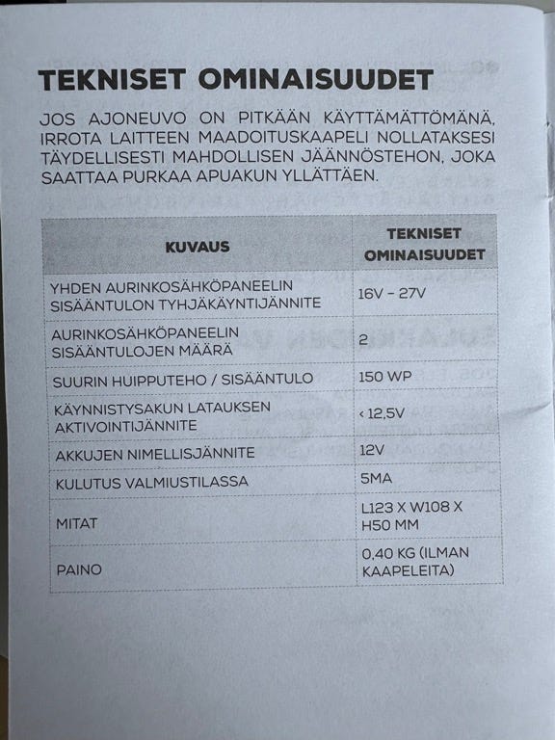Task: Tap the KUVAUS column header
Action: point(197,247)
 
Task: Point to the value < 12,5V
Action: point(383,413)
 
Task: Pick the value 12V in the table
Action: point(370,450)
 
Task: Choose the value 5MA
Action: point(375,479)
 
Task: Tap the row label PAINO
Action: point(78,569)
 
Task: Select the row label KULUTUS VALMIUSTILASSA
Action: point(151,481)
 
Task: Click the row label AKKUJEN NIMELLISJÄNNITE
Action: point(155,452)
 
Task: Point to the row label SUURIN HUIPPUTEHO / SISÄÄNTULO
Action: point(184,379)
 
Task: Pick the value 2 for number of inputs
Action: point(363,339)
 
